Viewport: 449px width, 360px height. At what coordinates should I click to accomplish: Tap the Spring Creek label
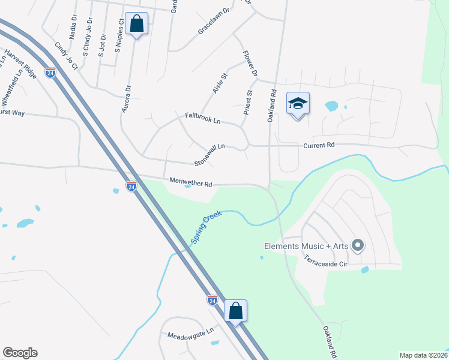[206, 227]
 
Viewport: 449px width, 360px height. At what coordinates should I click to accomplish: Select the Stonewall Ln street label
[209, 155]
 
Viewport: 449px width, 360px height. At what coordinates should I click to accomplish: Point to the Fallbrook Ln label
[203, 118]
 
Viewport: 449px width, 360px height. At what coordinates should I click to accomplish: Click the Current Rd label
[319, 145]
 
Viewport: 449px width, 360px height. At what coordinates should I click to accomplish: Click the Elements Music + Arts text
[306, 245]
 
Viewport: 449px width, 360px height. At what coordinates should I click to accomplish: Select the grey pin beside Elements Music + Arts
[358, 245]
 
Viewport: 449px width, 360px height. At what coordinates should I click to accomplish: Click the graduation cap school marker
[298, 104]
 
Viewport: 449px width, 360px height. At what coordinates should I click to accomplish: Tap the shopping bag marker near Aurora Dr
[137, 25]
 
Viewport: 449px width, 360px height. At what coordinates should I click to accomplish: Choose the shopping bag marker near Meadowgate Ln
[236, 311]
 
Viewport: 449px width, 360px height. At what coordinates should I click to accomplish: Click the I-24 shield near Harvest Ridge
[50, 73]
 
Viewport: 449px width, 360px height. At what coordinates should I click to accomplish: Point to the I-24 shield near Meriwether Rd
[131, 187]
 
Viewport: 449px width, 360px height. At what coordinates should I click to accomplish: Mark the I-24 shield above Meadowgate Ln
[212, 299]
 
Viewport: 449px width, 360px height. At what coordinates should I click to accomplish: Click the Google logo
[20, 353]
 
